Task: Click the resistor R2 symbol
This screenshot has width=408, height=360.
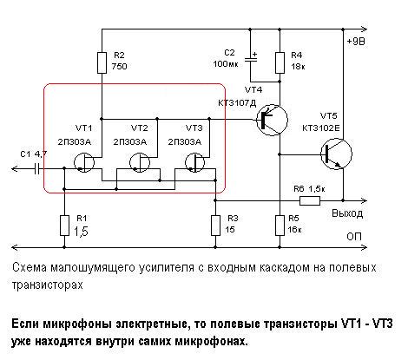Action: pos(102,62)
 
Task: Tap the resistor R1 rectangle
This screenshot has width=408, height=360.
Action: pos(64,226)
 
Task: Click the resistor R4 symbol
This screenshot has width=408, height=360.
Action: pos(279,62)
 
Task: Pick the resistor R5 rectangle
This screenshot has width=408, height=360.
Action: pos(279,226)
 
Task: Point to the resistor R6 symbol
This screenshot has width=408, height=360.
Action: pos(309,200)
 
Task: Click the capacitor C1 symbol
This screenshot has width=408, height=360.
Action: pos(38,167)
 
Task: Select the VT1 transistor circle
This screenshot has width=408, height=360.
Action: pos(85,162)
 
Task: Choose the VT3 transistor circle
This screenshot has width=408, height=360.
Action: pos(193,162)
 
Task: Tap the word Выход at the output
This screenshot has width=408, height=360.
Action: pos(352,213)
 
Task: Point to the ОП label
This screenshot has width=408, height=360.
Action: pos(355,236)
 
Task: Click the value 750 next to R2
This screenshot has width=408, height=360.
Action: pos(122,67)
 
